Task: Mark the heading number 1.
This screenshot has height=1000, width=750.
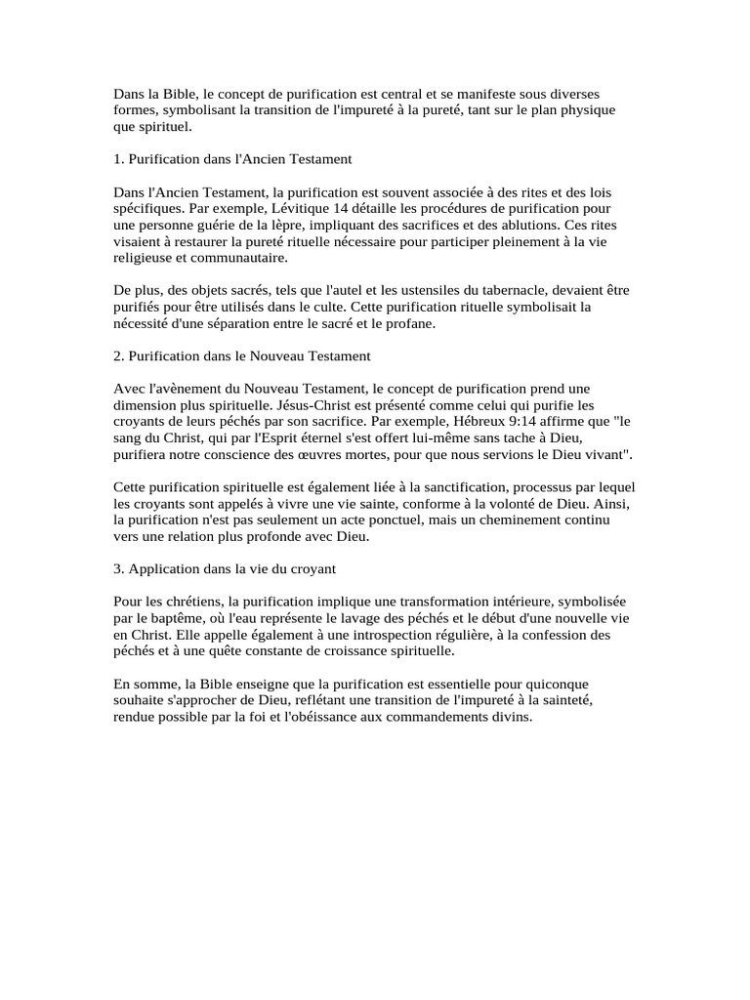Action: click(x=118, y=157)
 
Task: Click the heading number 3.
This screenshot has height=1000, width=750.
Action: click(x=118, y=568)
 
